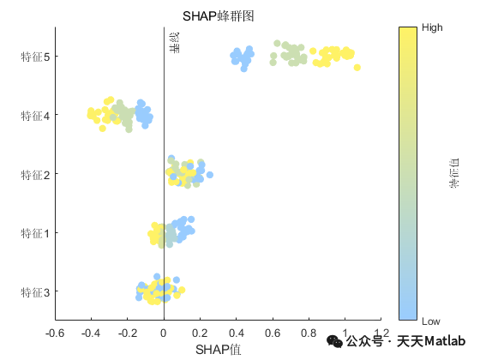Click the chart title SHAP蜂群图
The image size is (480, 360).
click(218, 16)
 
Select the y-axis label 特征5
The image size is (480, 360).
click(34, 57)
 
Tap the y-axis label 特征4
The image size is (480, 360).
click(34, 116)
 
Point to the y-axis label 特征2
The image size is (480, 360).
click(34, 175)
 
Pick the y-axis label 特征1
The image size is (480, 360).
click(34, 233)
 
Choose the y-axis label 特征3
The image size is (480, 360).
click(34, 292)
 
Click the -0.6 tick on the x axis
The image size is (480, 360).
click(55, 333)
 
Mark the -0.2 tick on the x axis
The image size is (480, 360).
click(127, 333)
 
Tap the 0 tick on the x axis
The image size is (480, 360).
click(164, 333)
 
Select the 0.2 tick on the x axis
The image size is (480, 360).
click(200, 333)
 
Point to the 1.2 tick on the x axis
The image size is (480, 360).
click(381, 333)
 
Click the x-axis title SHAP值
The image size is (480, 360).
click(218, 350)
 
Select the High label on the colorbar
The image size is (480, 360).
click(432, 27)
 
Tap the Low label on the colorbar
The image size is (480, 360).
click(431, 321)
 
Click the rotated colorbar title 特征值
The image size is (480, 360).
click(455, 174)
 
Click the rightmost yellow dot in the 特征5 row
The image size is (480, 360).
click(357, 68)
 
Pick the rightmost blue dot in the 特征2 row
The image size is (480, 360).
click(210, 175)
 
